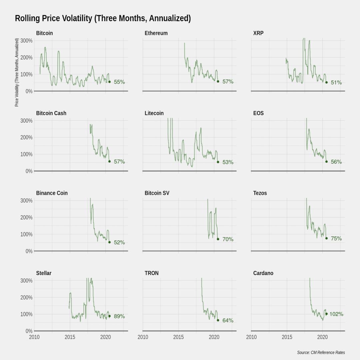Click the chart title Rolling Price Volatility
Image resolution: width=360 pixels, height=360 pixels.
(x=103, y=19)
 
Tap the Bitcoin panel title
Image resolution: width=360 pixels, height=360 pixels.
(x=44, y=33)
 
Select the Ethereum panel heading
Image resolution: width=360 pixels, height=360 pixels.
(x=156, y=33)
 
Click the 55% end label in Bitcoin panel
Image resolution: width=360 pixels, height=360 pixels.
(x=119, y=82)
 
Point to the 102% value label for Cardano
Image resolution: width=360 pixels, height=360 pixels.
(x=336, y=314)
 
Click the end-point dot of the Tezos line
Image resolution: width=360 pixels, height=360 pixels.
(x=326, y=238)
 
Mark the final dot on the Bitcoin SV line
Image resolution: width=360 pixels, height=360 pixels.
(x=218, y=239)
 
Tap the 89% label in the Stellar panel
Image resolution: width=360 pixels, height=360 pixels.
(x=119, y=316)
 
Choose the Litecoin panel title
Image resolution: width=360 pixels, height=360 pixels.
(x=154, y=113)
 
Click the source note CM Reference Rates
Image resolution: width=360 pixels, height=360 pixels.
(x=321, y=352)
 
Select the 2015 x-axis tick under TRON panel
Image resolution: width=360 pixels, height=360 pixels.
(x=178, y=337)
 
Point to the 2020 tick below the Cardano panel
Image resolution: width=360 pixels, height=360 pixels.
(x=322, y=337)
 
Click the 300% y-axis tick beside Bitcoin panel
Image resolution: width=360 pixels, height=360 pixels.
(x=26, y=41)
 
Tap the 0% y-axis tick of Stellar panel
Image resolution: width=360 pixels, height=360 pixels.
(x=29, y=331)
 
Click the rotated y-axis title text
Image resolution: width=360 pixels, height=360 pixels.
(x=17, y=72)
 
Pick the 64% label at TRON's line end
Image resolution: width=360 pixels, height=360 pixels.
(x=228, y=321)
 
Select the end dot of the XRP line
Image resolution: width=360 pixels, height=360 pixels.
(x=326, y=82)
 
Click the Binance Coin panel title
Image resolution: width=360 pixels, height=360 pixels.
(x=52, y=193)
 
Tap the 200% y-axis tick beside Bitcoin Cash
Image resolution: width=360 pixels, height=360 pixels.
(x=26, y=137)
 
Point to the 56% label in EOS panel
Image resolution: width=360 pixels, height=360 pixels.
(x=336, y=162)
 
